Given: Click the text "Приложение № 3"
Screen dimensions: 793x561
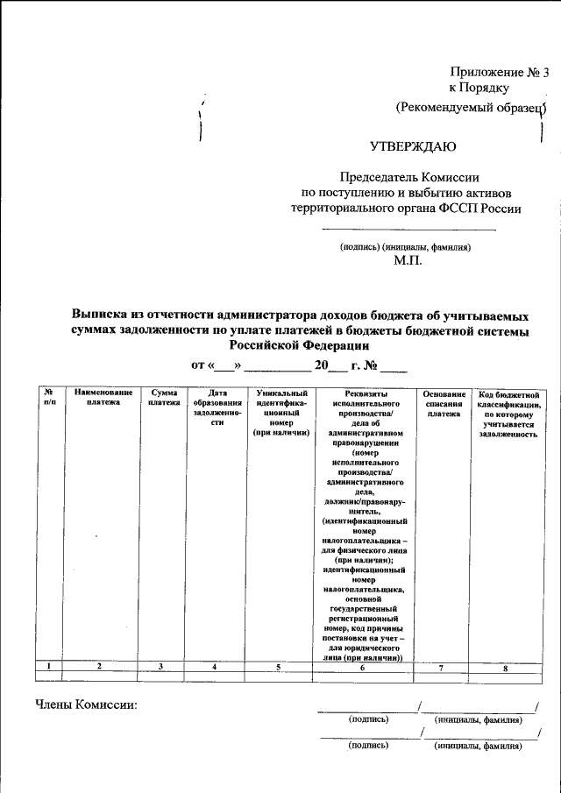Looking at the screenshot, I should click(x=499, y=73).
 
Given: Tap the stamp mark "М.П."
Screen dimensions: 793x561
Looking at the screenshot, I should click(x=408, y=260).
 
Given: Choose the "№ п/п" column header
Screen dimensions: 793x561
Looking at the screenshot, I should click(x=50, y=398).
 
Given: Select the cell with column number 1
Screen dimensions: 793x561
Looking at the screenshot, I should click(x=50, y=668).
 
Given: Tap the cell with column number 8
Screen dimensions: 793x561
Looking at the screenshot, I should click(x=506, y=668).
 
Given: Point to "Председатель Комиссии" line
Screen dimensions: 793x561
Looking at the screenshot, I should click(x=406, y=176).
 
